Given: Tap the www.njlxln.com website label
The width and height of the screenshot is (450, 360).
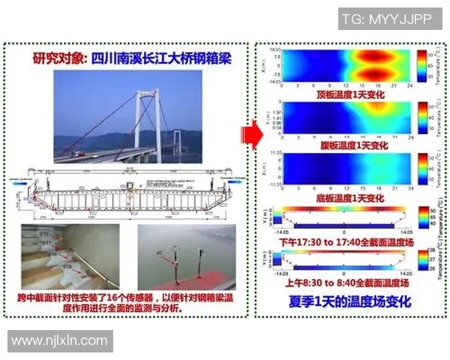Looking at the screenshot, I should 60,340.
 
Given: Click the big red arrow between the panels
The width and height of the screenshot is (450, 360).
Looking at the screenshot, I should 250,135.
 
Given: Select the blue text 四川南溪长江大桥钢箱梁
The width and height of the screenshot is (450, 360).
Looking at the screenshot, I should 158,58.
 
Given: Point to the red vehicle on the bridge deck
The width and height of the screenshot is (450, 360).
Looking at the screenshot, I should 77,154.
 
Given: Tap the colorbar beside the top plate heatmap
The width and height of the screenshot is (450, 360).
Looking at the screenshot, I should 421,66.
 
